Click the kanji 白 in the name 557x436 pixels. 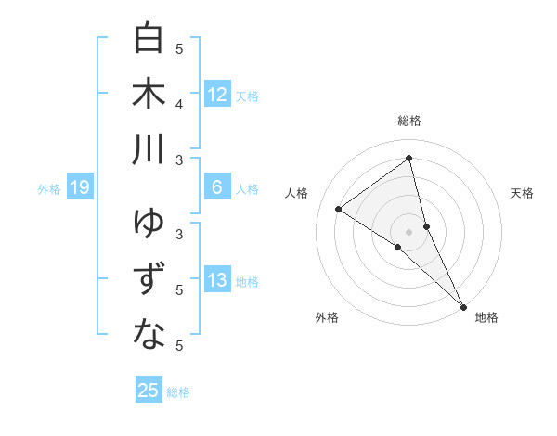(x=149, y=39)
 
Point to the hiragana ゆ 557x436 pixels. (x=149, y=224)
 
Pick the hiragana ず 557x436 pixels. (x=149, y=279)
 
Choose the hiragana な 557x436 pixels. (x=149, y=335)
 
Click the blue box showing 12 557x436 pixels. (x=217, y=95)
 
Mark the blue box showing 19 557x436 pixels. (x=80, y=188)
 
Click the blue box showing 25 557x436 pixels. (x=149, y=391)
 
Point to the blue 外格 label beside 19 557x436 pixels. (x=49, y=189)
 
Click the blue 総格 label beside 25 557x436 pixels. (x=178, y=391)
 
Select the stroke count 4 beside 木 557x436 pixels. (x=180, y=105)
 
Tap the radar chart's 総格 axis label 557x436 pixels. (x=409, y=121)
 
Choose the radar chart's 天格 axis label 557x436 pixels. (x=522, y=193)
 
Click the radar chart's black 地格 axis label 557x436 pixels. (x=486, y=317)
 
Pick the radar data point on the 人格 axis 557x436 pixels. (x=339, y=209)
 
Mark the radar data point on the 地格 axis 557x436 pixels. (x=463, y=305)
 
